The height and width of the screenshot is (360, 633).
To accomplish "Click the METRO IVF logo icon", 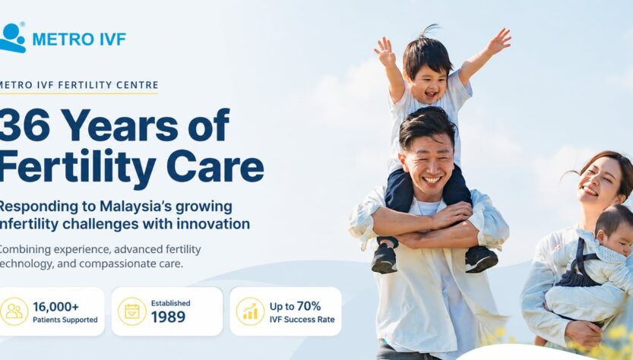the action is click(12, 37).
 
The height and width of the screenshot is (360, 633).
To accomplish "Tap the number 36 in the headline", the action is click(25, 125).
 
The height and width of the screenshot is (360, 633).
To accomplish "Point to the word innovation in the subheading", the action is click(213, 223).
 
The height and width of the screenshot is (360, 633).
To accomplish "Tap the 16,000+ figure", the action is click(55, 307).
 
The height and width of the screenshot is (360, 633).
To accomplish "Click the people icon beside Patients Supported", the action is click(14, 311).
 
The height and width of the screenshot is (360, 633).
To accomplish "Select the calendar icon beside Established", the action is click(132, 311).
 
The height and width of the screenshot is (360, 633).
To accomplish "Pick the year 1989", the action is click(169, 317).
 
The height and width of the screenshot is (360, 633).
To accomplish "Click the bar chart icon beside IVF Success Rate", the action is click(250, 311).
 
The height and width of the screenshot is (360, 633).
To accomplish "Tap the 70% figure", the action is click(309, 306).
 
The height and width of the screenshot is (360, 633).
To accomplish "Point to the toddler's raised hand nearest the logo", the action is click(385, 50).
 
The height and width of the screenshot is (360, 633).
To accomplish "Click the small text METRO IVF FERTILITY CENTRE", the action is click(79, 85).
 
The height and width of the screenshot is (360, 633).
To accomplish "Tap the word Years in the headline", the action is click(119, 125).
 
